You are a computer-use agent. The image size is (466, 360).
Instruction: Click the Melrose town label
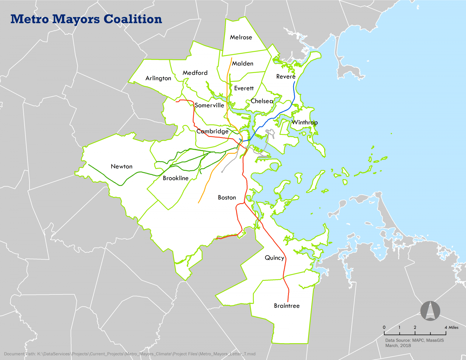point(241,37)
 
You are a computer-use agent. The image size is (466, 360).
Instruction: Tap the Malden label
point(243,63)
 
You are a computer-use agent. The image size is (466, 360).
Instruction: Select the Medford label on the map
point(195,73)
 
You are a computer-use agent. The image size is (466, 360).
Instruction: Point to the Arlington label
point(158,78)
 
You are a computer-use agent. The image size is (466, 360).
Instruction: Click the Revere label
point(286,76)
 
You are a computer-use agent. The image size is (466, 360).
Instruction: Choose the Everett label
point(244,88)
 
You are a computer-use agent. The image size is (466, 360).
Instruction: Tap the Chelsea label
point(262,101)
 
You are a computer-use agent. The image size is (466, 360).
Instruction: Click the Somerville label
point(209,105)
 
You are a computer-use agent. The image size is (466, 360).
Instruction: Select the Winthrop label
point(305,122)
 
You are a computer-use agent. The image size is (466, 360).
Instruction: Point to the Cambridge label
point(212,131)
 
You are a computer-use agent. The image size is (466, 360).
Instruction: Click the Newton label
point(121,166)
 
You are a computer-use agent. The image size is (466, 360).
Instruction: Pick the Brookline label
point(176,178)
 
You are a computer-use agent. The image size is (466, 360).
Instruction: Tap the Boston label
point(227,198)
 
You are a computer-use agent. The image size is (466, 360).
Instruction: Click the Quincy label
point(274,258)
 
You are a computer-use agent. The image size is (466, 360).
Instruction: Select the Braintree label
point(287,306)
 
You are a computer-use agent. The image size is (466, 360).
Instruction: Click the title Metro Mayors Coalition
point(86,19)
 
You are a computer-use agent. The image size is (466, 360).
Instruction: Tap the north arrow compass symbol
point(430,310)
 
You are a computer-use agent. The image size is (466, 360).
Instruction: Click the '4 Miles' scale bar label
point(451,327)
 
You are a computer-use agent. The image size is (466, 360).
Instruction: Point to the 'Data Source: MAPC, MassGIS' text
point(414,340)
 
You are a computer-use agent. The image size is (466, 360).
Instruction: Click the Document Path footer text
point(130,354)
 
